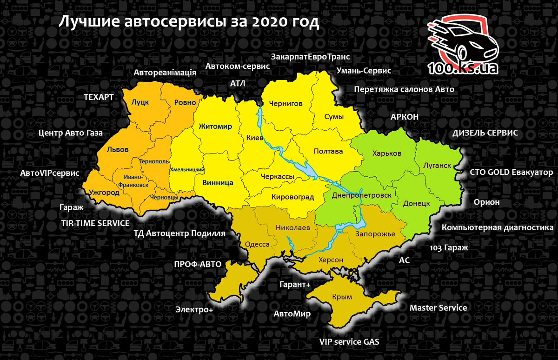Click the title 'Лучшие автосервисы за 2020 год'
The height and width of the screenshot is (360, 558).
tap(188, 22)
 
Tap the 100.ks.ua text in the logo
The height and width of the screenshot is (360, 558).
tap(463, 68)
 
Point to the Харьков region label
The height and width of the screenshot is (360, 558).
tap(387, 153)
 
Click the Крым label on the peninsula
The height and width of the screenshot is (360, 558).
tap(342, 297)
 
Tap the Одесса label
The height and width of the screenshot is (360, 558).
tap(257, 245)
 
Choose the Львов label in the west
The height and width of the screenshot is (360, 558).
tap(118, 150)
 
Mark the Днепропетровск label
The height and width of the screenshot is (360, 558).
tap(365, 195)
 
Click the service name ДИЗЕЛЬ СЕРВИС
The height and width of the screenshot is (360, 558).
tap(485, 133)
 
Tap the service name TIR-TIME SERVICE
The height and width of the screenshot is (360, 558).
tap(95, 223)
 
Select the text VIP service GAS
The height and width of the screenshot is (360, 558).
tap(349, 341)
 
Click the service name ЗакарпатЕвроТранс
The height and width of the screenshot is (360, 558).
tap(310, 57)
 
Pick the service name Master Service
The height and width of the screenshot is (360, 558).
tap(438, 307)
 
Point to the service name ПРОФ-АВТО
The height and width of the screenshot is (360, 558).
tap(198, 264)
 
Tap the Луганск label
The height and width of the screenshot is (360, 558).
tap(438, 165)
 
